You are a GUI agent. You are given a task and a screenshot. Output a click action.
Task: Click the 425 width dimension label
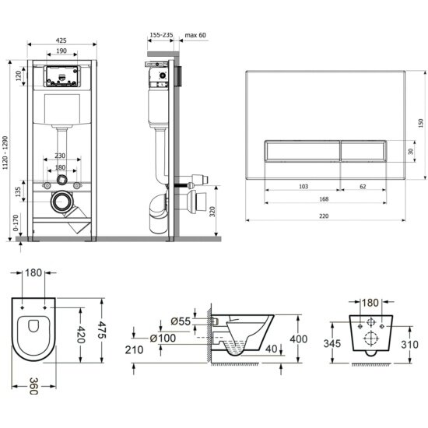point(61,40)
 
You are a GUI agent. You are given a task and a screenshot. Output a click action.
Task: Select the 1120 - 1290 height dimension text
point(5,153)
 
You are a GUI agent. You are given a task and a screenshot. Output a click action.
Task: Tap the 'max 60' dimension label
point(195,35)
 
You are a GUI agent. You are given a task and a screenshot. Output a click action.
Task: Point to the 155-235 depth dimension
point(161,35)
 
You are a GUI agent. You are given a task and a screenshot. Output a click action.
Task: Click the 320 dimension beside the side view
point(212,212)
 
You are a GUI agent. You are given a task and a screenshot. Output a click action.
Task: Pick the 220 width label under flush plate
point(324,216)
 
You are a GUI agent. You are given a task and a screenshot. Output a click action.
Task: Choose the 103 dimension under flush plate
point(303,187)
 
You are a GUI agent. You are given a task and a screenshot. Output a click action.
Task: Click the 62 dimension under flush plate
point(363,187)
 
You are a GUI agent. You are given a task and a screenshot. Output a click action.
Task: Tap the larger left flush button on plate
point(303,151)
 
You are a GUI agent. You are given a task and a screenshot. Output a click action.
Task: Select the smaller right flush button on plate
point(363,151)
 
